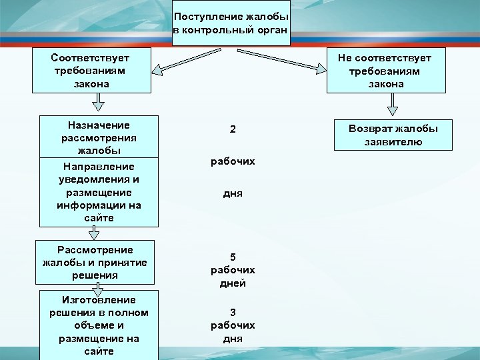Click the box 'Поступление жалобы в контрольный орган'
(x=231, y=23)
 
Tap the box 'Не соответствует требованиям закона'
(x=386, y=69)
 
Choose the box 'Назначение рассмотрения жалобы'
(x=99, y=137)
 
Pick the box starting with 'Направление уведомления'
(x=99, y=192)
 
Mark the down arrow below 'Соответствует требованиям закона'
(x=98, y=101)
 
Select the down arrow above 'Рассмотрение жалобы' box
(x=95, y=232)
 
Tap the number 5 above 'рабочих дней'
(x=233, y=257)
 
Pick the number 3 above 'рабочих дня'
(x=233, y=312)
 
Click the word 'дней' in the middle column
(x=233, y=283)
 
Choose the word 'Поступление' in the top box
(x=203, y=15)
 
